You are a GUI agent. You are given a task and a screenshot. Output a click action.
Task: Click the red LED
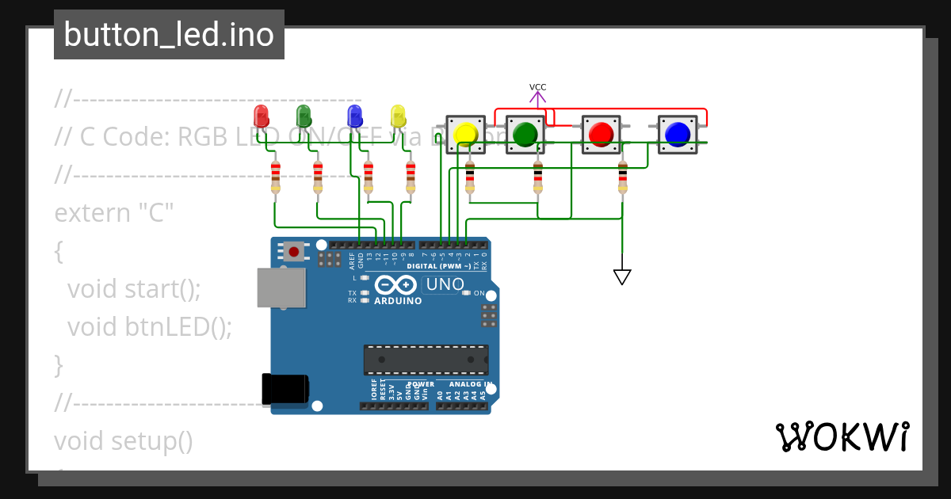point(261,116)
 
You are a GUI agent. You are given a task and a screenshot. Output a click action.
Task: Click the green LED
point(303,116)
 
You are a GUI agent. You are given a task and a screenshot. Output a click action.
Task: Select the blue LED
point(354,116)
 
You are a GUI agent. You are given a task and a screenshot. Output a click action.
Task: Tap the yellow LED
point(397,116)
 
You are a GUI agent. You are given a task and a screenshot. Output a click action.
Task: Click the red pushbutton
point(601,133)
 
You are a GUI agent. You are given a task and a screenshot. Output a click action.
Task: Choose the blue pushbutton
point(677,133)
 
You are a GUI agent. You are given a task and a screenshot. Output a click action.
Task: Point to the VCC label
point(537,87)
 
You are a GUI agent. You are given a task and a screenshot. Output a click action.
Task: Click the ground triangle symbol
point(622,276)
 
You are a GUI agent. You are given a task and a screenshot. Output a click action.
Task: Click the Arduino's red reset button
point(294,252)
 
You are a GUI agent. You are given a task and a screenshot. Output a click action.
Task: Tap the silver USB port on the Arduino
point(281,288)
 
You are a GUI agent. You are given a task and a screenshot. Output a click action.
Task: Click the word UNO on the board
point(445,284)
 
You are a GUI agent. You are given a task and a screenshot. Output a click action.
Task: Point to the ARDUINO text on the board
point(398,301)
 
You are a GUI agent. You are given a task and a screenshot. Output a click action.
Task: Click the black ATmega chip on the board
point(426,359)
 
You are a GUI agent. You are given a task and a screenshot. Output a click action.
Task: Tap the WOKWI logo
point(842,436)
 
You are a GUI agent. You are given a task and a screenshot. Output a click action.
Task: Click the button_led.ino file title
point(169,35)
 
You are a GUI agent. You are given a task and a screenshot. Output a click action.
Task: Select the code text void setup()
point(124,440)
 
